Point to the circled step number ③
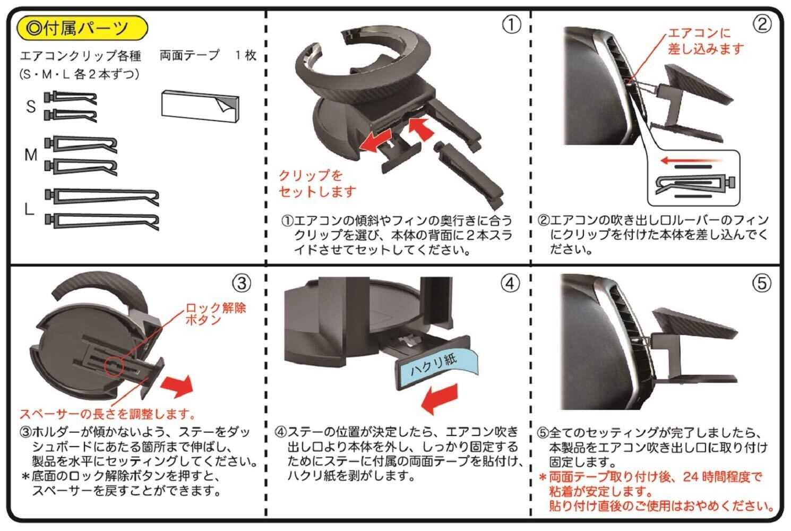242,283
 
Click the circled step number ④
510,283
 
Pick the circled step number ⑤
762,283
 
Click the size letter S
31,106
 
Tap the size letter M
31,155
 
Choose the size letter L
30,209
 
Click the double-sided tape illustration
200,104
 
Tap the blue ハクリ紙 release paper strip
433,365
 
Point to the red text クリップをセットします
317,183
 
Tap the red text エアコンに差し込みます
706,41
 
